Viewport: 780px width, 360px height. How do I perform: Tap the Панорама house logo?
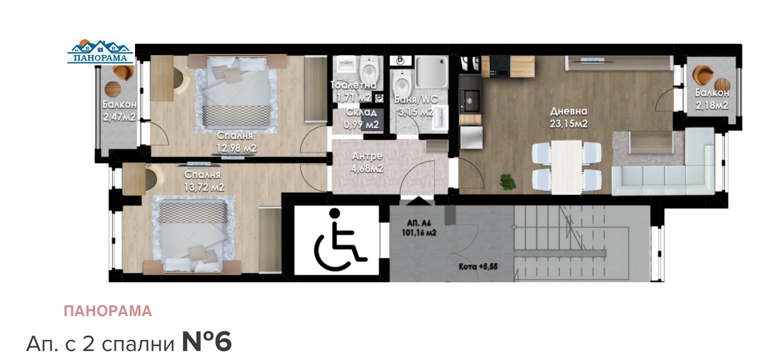(x=100, y=52)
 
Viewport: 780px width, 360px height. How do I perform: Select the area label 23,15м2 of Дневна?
(x=568, y=124)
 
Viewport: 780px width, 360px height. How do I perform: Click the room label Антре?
(x=367, y=156)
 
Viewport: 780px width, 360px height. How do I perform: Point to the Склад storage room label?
(x=361, y=113)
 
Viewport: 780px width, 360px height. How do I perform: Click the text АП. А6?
(x=419, y=223)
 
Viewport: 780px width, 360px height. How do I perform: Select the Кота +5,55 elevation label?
(x=478, y=267)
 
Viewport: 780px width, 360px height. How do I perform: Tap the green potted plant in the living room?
(x=508, y=182)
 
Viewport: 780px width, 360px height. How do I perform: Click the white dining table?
(x=566, y=167)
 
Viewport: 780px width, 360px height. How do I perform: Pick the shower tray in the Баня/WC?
(x=431, y=73)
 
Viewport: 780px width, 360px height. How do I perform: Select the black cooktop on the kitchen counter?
(x=500, y=66)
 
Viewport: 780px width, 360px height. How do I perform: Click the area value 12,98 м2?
(x=236, y=148)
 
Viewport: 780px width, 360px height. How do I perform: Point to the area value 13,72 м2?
(x=204, y=187)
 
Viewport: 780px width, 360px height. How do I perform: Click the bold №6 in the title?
(x=207, y=342)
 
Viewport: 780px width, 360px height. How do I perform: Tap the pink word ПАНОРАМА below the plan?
(x=108, y=311)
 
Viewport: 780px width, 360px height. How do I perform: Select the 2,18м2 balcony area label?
(x=712, y=105)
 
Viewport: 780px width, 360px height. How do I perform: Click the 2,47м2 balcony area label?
(x=119, y=117)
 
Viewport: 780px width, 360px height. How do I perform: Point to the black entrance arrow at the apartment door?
(x=418, y=201)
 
